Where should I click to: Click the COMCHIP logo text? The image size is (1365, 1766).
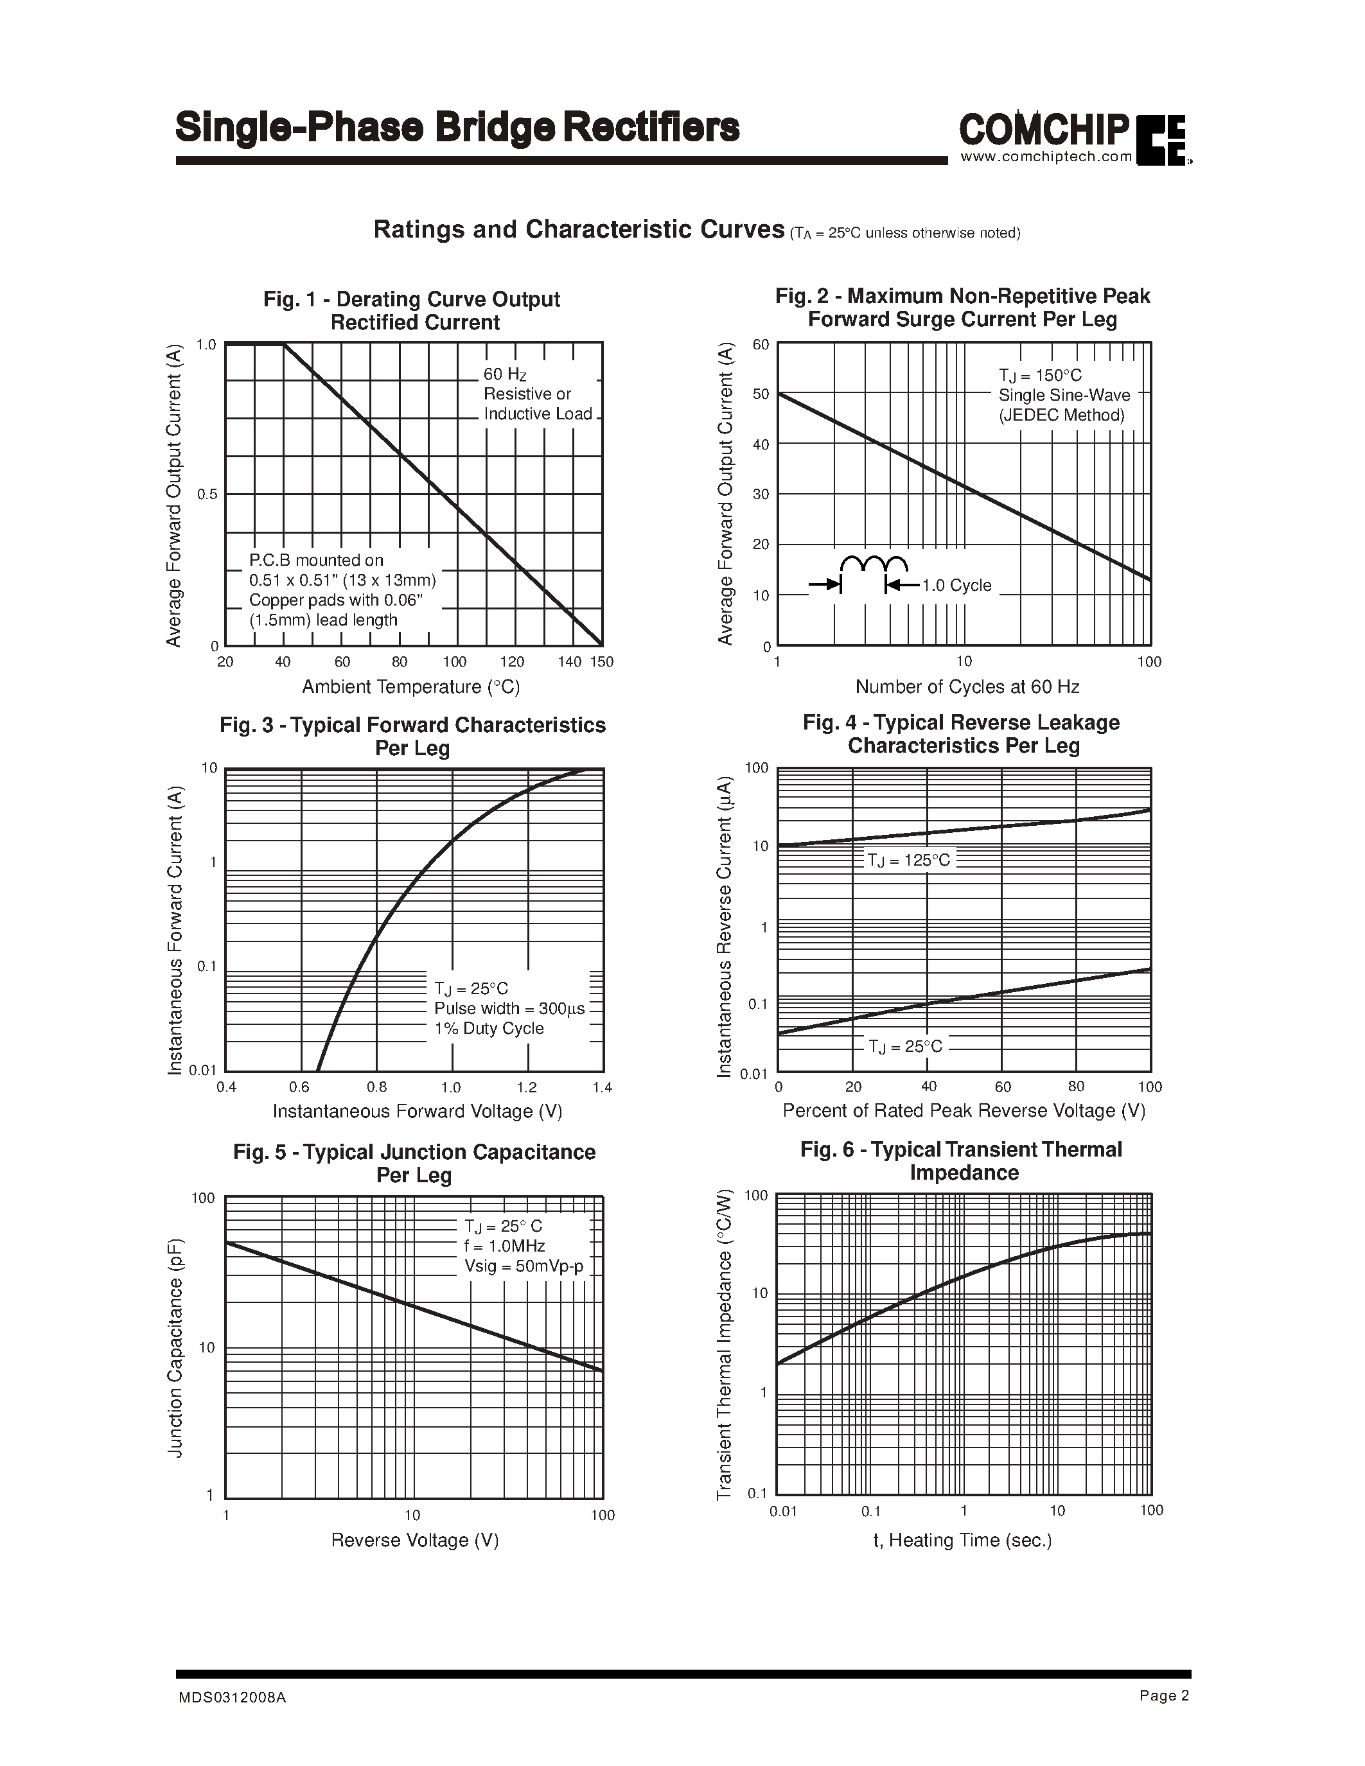click(1044, 129)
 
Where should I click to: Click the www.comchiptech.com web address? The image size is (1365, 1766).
click(1046, 157)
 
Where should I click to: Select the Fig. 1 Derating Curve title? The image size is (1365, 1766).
click(412, 311)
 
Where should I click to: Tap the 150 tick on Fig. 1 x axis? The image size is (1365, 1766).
click(602, 661)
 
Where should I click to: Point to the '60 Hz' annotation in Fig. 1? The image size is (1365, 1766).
click(505, 374)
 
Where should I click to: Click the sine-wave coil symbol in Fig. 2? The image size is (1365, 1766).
click(874, 564)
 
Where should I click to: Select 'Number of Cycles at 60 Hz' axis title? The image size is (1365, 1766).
click(967, 686)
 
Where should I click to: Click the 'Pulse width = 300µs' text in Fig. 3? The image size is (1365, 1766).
click(509, 1008)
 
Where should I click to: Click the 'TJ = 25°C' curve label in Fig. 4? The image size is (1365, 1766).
click(905, 1046)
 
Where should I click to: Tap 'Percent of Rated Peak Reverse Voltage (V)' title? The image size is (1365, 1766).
click(964, 1110)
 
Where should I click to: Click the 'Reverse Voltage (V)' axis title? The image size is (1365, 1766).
click(415, 1539)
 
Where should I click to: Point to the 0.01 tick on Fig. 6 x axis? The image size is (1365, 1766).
click(783, 1510)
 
